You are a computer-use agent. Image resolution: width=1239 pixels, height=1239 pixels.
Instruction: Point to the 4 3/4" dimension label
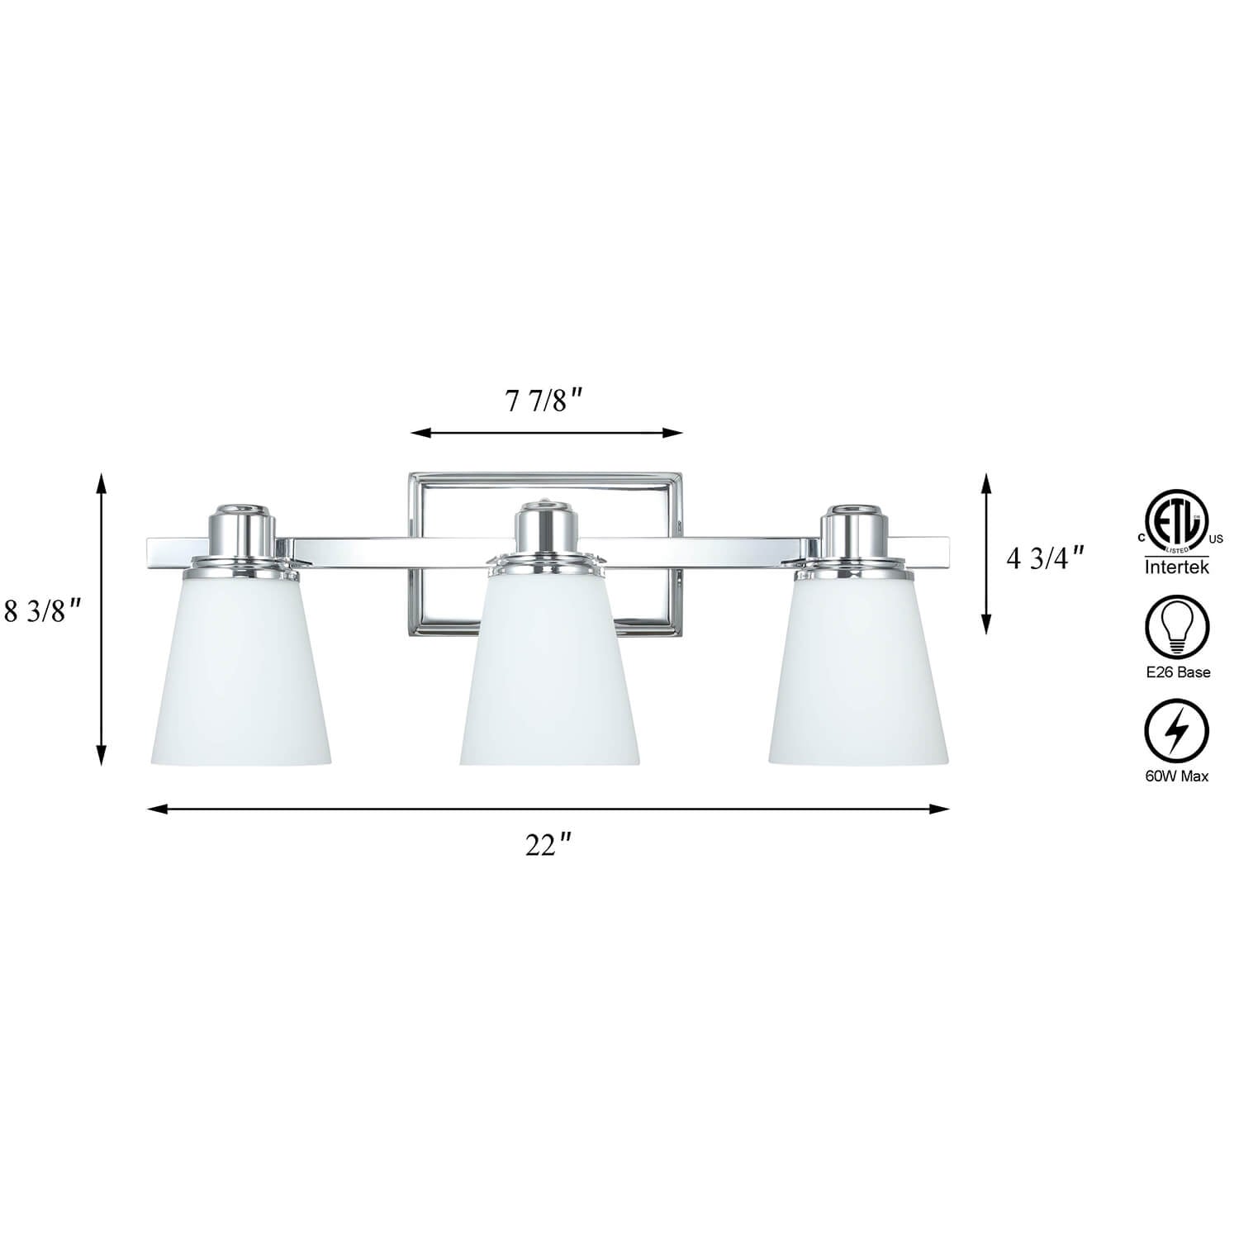1044,559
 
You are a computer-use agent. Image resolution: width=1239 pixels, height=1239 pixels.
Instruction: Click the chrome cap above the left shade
240,534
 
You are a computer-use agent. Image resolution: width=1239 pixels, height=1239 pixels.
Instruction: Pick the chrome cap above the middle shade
548,534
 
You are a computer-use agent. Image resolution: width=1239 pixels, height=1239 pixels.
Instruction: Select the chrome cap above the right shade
857,534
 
